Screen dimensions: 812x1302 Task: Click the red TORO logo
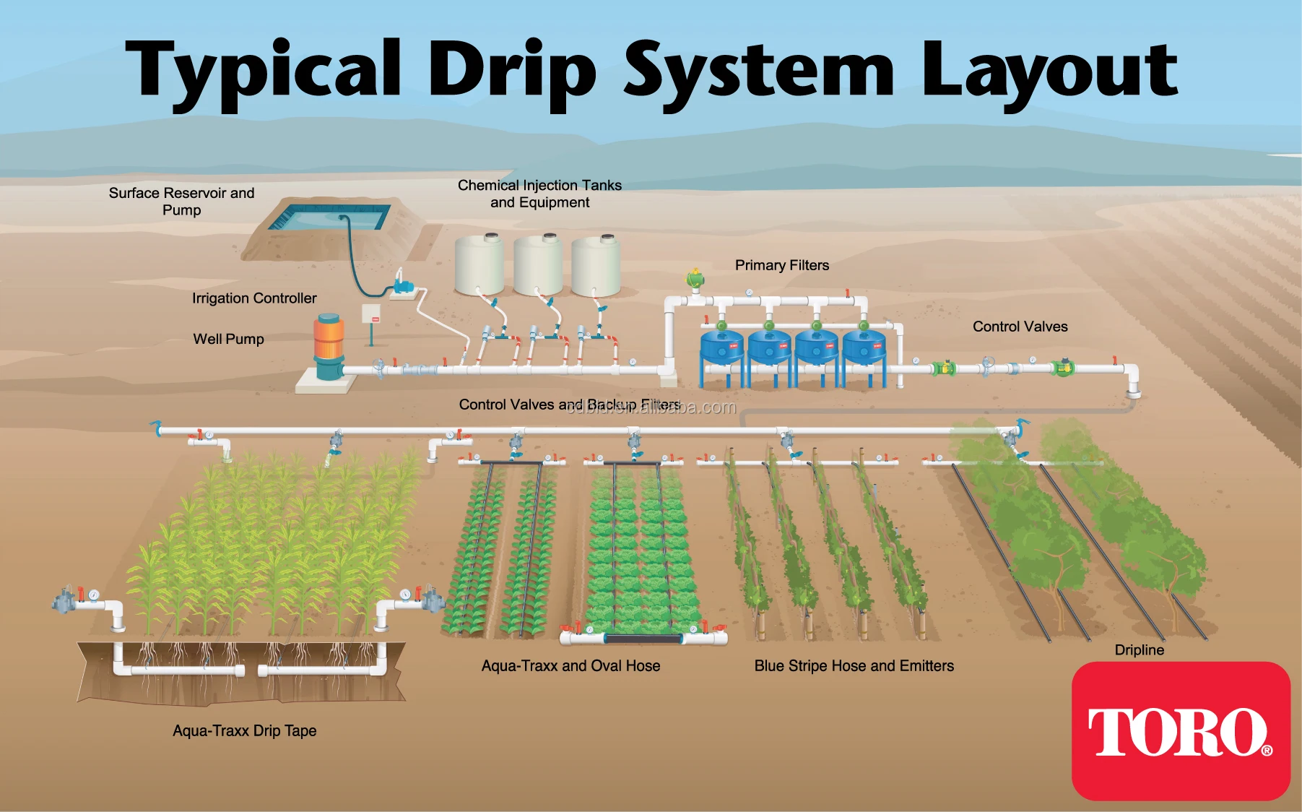1180,731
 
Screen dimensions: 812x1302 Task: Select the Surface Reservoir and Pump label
181,202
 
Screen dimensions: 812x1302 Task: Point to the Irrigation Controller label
254,298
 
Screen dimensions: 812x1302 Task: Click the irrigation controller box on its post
371,314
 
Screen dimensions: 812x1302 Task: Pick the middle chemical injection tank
538,265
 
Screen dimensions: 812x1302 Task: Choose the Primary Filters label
781,265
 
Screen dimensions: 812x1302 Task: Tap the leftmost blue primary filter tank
721,347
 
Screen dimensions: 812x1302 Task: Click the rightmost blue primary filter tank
864,347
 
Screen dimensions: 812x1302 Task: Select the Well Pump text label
228,339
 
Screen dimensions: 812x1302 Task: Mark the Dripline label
1139,649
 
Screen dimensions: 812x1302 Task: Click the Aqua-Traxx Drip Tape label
244,730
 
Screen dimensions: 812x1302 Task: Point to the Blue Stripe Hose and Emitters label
854,665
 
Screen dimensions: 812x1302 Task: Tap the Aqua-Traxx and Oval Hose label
570,665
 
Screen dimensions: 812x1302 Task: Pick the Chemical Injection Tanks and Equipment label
539,194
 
